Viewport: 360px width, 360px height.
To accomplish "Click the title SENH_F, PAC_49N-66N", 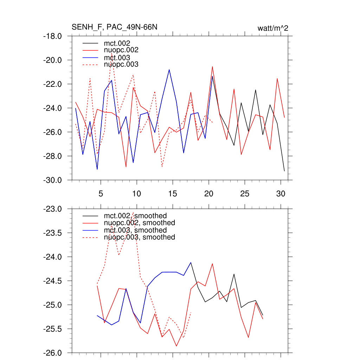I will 114,27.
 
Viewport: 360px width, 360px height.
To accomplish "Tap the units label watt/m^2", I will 273,28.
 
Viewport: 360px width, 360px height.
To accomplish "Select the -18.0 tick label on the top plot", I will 52,36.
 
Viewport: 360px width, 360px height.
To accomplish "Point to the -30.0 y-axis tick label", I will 52,180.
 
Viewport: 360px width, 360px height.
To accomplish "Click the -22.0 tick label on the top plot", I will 52,84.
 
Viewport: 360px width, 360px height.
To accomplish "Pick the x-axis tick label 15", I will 173,194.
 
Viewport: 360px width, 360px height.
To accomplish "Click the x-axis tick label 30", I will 281,194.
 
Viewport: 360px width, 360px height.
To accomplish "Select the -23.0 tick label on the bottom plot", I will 52,209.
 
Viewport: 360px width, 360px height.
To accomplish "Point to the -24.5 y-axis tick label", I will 52,281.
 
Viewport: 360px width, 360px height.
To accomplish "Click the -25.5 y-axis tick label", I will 52,329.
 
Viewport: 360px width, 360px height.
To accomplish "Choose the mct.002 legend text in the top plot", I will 119,43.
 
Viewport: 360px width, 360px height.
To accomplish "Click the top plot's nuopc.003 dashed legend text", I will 121,65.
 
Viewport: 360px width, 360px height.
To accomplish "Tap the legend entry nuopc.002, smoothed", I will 140,223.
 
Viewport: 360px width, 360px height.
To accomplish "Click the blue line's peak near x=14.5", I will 169,70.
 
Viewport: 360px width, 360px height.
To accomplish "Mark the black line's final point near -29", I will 284,171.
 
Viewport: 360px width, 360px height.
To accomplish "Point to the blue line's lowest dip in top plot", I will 97,169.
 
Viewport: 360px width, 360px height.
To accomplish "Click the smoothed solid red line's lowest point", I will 176,346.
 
